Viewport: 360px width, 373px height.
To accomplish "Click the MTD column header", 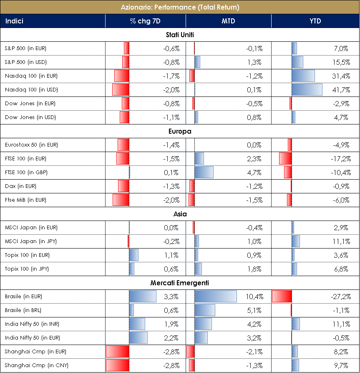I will point(228,21).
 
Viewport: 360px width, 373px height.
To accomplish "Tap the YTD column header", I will point(315,21).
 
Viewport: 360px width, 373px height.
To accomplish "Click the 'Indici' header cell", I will point(14,21).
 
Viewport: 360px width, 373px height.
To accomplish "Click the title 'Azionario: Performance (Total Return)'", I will point(180,7).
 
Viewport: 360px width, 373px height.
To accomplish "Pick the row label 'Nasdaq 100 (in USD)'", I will point(31,90).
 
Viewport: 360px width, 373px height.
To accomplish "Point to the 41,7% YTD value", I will point(340,90).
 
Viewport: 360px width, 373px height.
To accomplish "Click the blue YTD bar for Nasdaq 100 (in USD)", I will point(307,90).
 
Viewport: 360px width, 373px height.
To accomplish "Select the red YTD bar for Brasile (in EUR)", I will point(282,297).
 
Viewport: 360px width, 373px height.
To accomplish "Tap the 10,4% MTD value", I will point(254,297).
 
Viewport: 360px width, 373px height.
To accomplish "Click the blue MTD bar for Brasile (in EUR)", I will point(215,297).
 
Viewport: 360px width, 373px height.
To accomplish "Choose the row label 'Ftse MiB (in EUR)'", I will point(26,200).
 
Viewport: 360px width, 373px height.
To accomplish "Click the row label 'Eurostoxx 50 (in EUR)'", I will point(31,145).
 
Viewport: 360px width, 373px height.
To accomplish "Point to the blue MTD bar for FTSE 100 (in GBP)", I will point(204,173).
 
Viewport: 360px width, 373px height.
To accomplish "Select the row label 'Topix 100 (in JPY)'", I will point(27,269).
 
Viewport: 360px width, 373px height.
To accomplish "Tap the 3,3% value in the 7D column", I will point(171,297).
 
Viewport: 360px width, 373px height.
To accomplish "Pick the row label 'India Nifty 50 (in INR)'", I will point(32,324).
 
